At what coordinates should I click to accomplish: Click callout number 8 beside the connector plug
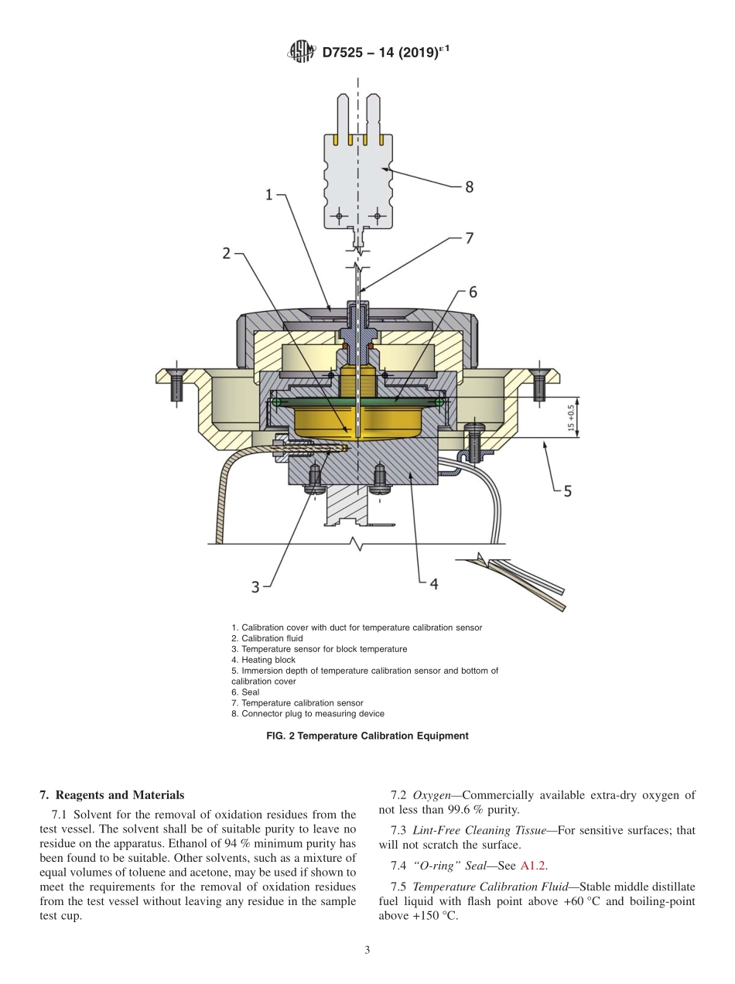(469, 186)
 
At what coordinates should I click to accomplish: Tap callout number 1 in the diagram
(269, 196)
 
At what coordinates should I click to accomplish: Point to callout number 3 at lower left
(255, 586)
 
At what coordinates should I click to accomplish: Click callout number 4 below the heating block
(433, 584)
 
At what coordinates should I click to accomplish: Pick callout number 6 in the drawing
(473, 292)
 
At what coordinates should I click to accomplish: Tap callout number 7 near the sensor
(469, 238)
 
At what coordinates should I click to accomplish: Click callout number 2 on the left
(227, 253)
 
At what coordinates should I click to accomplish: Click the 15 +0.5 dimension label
(572, 419)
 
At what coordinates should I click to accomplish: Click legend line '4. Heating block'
(263, 660)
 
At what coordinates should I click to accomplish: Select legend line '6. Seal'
(245, 692)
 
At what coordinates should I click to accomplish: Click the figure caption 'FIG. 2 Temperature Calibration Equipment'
(367, 736)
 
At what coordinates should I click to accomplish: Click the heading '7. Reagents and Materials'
(112, 794)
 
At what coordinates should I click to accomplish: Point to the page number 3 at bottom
(367, 951)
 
